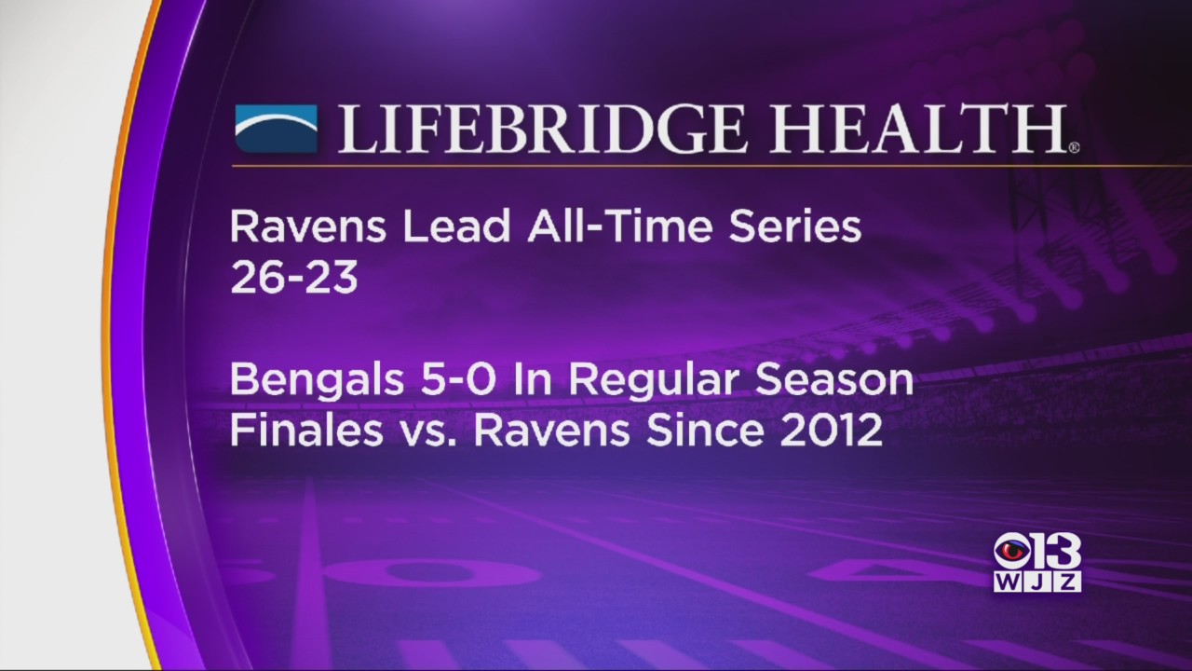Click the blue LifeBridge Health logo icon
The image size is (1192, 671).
277,129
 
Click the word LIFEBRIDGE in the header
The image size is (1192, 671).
539,129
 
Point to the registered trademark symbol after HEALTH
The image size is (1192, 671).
1074,147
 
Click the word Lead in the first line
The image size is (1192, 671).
456,227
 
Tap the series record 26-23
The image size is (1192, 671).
293,278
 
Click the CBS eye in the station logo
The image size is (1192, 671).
1011,553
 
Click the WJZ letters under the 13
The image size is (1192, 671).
1037,582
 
